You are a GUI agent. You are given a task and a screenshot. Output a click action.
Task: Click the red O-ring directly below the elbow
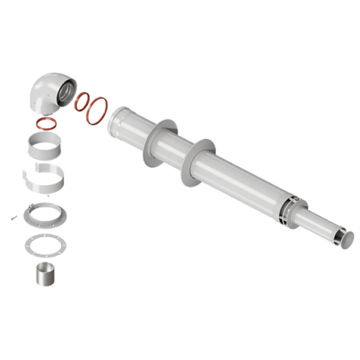48,122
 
